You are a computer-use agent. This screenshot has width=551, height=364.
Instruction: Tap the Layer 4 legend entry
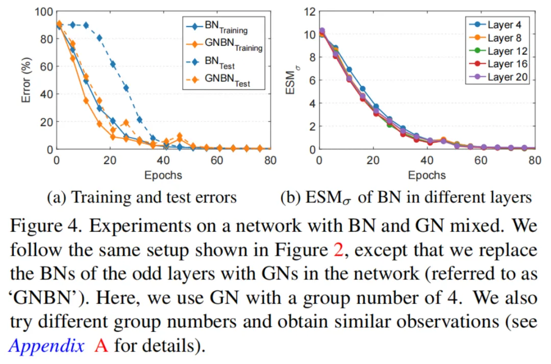click(498, 24)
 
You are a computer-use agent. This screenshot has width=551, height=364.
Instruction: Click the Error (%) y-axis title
click(27, 80)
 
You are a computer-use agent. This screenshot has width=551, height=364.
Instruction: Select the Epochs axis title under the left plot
click(163, 175)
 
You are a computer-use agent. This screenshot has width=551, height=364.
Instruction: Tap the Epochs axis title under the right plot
click(427, 175)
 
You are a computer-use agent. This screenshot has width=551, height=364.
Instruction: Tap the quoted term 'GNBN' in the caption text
click(41, 298)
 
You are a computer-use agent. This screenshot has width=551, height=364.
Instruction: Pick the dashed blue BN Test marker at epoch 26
click(126, 88)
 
